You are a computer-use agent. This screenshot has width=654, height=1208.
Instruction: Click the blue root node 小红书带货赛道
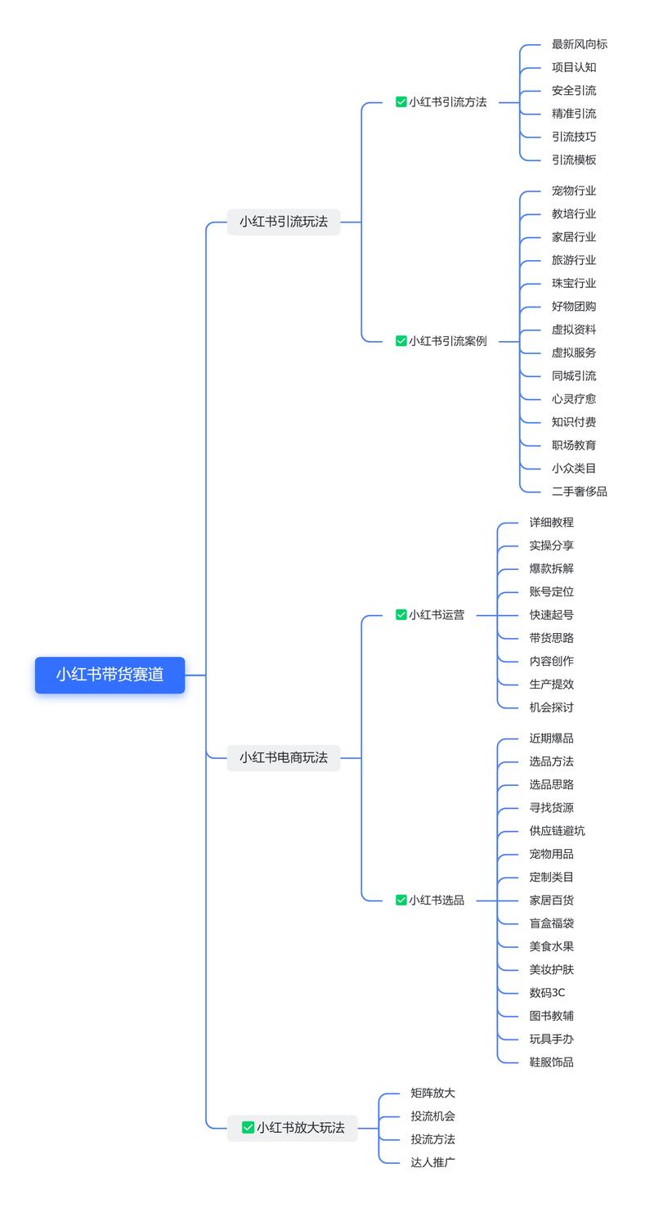tap(110, 675)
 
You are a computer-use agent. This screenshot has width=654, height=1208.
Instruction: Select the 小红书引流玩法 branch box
tap(283, 222)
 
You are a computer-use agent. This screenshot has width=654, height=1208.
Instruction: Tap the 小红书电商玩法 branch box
tap(283, 757)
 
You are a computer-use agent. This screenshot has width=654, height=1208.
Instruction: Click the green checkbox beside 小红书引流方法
tap(401, 102)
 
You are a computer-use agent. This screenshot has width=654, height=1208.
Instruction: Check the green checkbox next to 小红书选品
tap(401, 900)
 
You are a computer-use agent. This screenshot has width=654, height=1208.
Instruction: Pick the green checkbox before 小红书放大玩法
tap(248, 1127)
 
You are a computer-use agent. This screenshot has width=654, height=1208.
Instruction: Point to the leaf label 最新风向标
tap(579, 44)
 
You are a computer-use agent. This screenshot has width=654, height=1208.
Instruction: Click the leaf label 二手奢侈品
tap(579, 492)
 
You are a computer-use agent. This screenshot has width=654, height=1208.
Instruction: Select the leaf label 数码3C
tap(547, 993)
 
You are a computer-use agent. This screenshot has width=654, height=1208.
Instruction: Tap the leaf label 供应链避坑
tap(557, 831)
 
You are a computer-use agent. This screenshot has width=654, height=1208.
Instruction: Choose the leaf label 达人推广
tap(432, 1162)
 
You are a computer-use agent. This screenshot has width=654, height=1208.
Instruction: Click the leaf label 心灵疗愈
tap(573, 399)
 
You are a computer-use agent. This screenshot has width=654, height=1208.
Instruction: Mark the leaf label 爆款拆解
tap(551, 568)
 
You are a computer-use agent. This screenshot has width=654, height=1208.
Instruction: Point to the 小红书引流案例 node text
tap(447, 341)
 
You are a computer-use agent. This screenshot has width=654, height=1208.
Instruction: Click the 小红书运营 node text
tap(436, 615)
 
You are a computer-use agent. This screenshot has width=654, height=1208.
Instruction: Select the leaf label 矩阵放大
tap(432, 1093)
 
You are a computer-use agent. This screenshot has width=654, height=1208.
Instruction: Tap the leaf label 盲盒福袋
tap(551, 923)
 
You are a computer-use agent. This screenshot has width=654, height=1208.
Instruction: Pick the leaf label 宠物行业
tap(573, 191)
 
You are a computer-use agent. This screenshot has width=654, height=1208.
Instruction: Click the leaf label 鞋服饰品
tap(551, 1062)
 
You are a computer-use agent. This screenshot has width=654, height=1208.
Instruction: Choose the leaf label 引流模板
tap(573, 160)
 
